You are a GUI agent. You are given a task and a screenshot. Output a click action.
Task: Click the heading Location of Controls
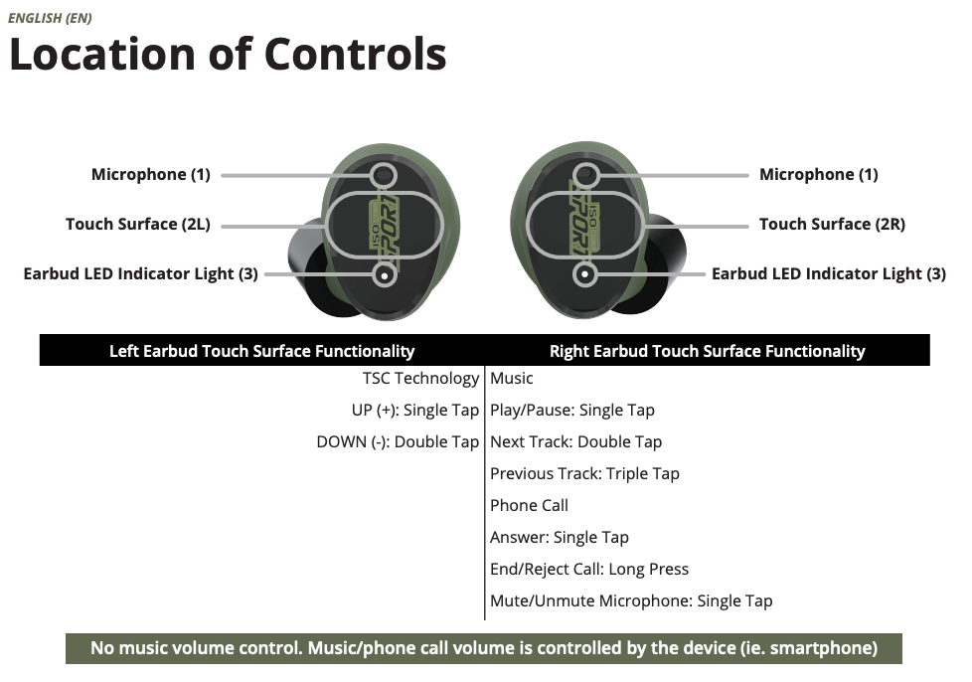[x=228, y=54]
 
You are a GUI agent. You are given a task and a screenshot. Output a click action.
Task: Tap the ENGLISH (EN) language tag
[x=50, y=18]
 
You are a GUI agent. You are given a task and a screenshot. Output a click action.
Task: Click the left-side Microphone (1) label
[x=150, y=175]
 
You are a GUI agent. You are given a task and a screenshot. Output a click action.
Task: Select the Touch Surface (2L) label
[x=137, y=225]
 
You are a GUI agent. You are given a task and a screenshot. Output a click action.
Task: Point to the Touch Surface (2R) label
[x=832, y=225]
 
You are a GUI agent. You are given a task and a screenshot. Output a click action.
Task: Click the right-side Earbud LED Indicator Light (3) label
[x=828, y=274]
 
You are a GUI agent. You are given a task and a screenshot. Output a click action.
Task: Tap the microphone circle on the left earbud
[x=385, y=176]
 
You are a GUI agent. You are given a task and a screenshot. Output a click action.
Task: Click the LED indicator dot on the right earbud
[x=585, y=273]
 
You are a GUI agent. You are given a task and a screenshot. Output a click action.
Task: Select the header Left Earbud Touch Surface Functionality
[x=261, y=351]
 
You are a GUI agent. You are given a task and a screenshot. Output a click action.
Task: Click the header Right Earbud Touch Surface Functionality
[x=707, y=351]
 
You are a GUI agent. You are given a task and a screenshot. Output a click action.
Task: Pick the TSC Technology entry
[x=420, y=379]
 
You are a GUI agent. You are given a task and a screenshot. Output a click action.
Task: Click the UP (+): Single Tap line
[x=414, y=411]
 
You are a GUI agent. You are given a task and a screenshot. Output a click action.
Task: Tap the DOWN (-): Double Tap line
[x=398, y=442]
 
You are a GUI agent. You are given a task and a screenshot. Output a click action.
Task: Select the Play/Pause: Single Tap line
[x=571, y=411]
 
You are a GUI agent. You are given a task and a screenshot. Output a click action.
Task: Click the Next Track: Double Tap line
[x=575, y=442]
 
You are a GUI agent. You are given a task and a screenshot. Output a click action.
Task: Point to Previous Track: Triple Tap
[x=584, y=474]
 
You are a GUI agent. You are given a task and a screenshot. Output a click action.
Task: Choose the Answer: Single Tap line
[x=559, y=538]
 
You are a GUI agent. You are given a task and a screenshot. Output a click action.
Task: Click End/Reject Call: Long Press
[x=588, y=570]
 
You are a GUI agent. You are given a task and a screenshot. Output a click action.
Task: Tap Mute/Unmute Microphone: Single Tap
[x=630, y=601]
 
